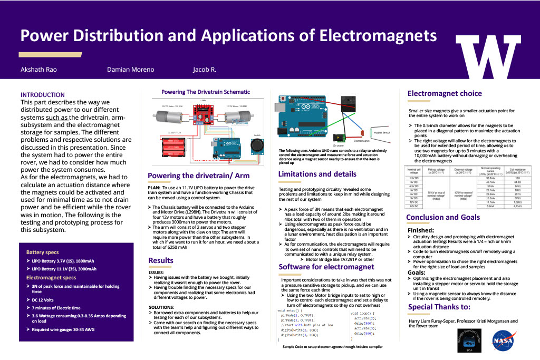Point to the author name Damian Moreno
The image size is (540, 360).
130,70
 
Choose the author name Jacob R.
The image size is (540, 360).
205,70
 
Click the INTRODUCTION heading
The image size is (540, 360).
43,95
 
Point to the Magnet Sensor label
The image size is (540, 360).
381,134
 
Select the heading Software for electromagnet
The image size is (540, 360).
326,267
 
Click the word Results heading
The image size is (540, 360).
160,260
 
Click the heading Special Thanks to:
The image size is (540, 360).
439,307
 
